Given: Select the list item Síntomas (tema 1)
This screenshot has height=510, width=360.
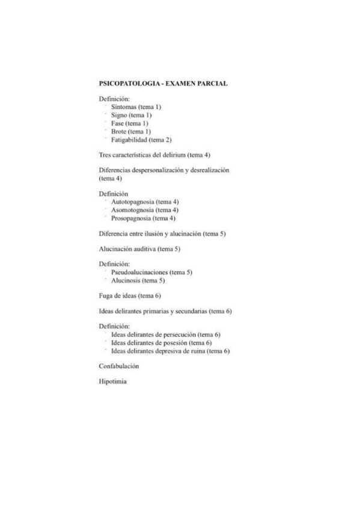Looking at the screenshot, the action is coord(136,106).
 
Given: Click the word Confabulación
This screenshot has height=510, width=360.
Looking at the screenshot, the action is coord(118,366).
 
